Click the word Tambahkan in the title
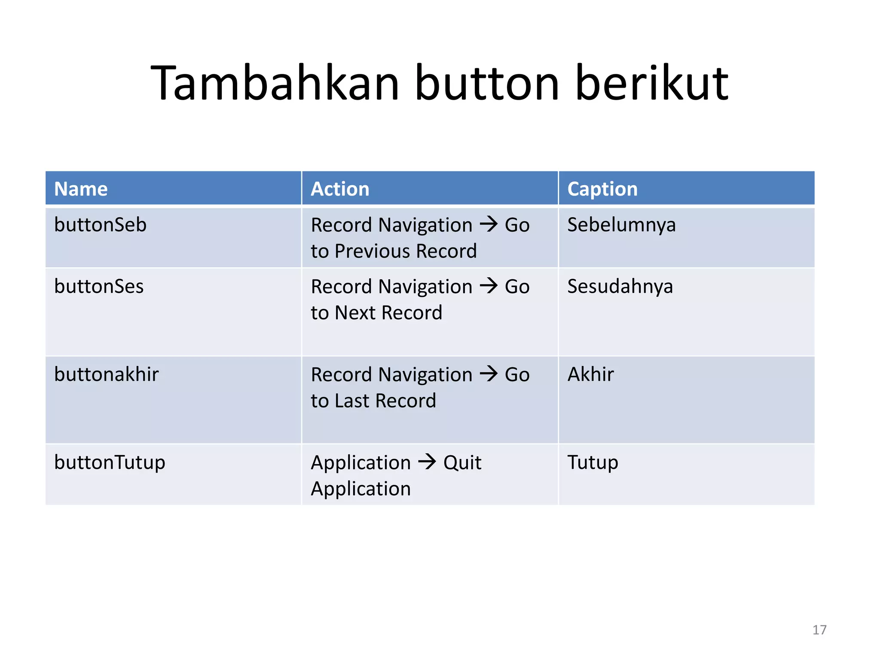(x=275, y=82)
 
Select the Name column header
(x=81, y=189)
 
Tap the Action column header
(x=339, y=189)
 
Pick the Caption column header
(x=602, y=189)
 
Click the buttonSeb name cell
(x=101, y=225)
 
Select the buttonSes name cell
(x=99, y=286)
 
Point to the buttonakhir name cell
(x=106, y=374)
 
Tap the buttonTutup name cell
(x=110, y=462)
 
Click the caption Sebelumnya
(x=621, y=225)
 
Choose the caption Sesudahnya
(x=620, y=286)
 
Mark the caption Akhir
(x=590, y=374)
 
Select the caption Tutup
(x=593, y=462)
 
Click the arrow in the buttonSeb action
(x=489, y=224)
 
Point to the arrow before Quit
(x=427, y=461)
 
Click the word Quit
(x=462, y=463)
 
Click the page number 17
(x=819, y=630)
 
